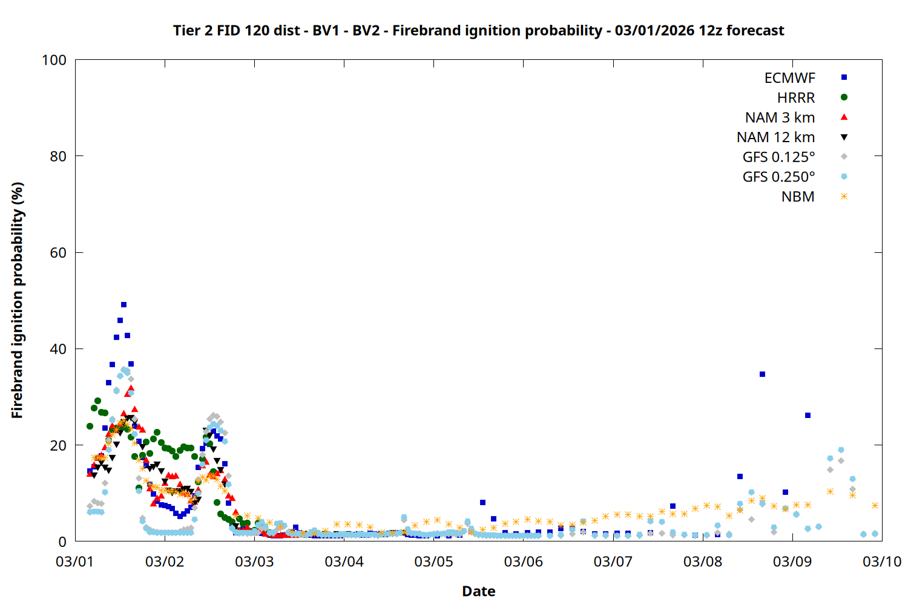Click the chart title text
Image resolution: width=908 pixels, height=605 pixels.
(478, 30)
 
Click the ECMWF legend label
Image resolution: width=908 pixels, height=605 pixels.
(789, 78)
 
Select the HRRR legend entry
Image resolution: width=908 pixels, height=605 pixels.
(796, 98)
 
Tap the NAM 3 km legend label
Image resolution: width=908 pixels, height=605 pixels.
(780, 117)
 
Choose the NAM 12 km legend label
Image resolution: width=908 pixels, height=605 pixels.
(775, 137)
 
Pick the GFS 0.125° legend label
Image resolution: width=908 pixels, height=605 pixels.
(778, 157)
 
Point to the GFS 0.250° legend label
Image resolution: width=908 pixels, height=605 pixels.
(778, 177)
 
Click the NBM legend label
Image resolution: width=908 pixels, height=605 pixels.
(798, 197)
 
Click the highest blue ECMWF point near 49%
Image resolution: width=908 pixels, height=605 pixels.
(123, 304)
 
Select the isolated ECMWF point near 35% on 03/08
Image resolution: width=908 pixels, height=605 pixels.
(762, 374)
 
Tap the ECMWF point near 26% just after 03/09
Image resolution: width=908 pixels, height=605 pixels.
(808, 416)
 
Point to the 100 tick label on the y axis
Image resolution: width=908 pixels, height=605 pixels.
(54, 60)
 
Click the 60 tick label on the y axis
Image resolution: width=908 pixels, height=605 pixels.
(58, 253)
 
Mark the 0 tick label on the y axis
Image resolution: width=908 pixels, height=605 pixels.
(62, 541)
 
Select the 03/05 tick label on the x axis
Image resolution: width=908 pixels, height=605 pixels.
(433, 561)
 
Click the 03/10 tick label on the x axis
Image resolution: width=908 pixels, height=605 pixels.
(882, 561)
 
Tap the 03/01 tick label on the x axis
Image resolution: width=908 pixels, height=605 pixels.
(75, 561)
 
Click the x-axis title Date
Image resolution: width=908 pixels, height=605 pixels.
(478, 591)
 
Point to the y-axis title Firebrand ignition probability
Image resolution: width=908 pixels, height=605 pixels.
(17, 300)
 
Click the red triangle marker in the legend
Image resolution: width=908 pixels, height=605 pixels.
(844, 117)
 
